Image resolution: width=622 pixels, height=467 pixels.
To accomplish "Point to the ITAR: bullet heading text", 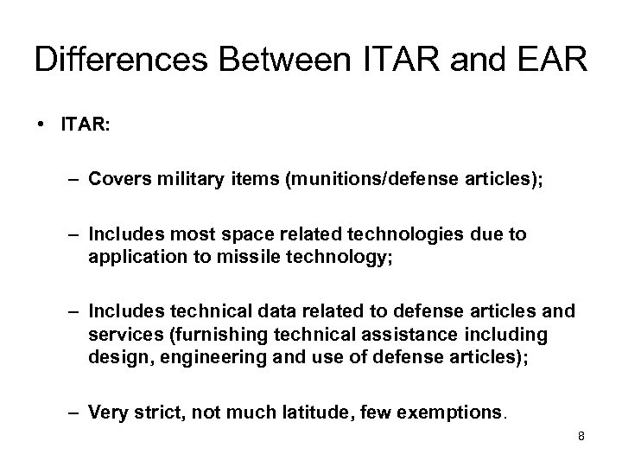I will [x=85, y=125].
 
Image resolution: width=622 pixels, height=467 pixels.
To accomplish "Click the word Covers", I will [x=118, y=179].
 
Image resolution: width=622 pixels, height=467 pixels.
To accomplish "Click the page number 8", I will [x=581, y=437].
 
